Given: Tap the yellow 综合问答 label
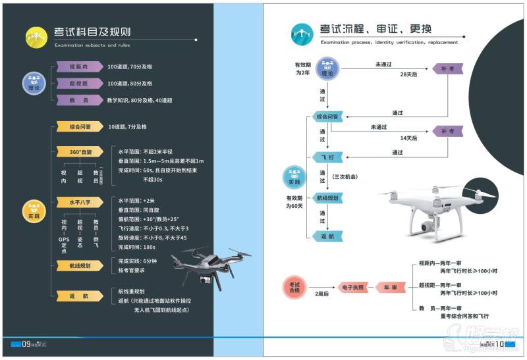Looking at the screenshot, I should click(x=78, y=126).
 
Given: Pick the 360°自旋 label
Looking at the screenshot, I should click(x=78, y=152).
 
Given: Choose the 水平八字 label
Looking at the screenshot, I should click(x=78, y=202).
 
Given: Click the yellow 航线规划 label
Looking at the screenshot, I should click(x=78, y=266).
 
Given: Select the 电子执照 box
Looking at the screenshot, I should click(x=350, y=288).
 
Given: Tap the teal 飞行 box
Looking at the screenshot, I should click(x=327, y=157).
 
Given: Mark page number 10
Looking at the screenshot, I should click(x=499, y=343).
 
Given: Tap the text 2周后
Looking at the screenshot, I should click(x=321, y=294).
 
